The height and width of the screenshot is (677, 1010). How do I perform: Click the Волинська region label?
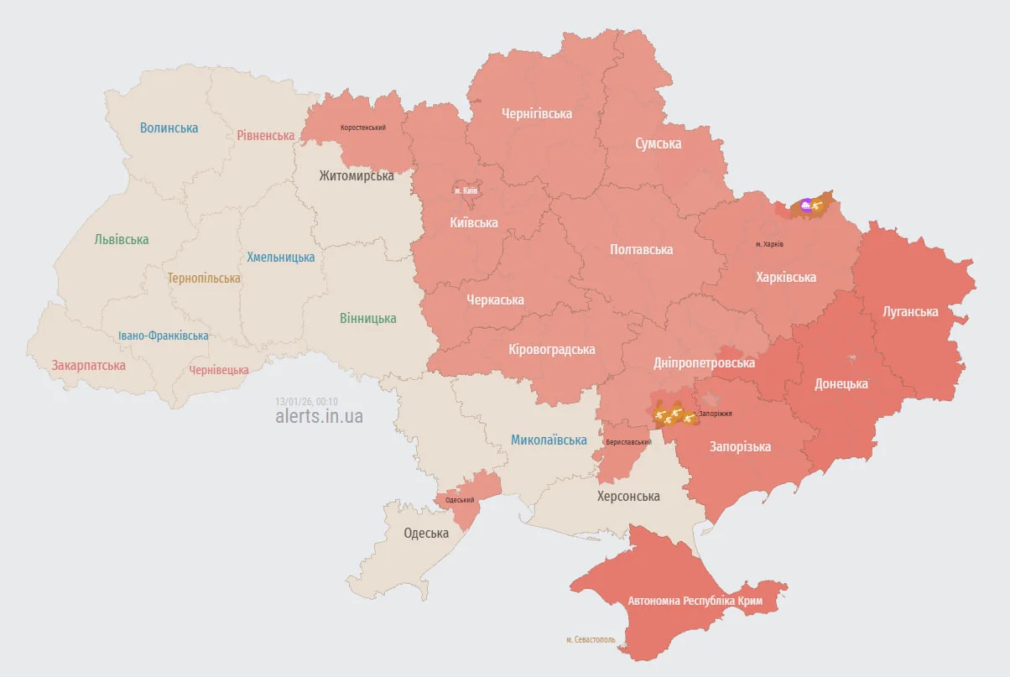click(x=169, y=128)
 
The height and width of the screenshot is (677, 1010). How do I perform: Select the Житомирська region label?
click(x=357, y=175)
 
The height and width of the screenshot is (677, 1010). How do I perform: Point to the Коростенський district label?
click(x=363, y=128)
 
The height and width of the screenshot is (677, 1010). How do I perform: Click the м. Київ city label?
click(x=466, y=190)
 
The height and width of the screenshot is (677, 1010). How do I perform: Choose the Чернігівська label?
click(x=537, y=113)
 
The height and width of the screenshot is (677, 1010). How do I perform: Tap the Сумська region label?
click(x=658, y=143)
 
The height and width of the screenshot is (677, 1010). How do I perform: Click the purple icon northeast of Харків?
click(x=806, y=205)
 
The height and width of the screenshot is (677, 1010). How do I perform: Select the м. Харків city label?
click(x=769, y=245)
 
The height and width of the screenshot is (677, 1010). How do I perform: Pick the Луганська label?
click(x=910, y=311)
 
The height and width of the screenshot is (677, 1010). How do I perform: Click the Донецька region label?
click(x=841, y=384)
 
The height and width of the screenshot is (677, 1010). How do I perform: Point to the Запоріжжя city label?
click(x=716, y=414)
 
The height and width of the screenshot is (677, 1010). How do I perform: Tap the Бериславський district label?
click(x=628, y=441)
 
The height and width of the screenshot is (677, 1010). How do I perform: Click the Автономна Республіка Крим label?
click(x=683, y=601)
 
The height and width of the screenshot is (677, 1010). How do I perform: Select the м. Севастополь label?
click(x=591, y=639)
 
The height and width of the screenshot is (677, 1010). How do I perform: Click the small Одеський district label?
click(x=460, y=500)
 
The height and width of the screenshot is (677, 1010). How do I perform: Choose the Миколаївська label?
click(x=549, y=440)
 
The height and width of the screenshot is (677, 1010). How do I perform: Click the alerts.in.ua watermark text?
click(x=320, y=416)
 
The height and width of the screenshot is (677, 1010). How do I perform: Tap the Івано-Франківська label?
click(x=164, y=336)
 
